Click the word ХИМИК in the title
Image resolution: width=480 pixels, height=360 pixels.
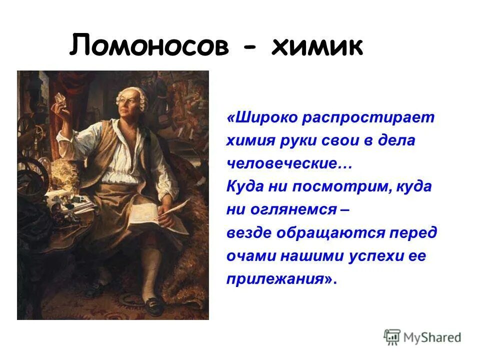point(316,46)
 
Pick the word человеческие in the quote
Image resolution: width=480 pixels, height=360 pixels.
point(284,164)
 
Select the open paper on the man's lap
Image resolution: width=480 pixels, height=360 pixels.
point(145,212)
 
